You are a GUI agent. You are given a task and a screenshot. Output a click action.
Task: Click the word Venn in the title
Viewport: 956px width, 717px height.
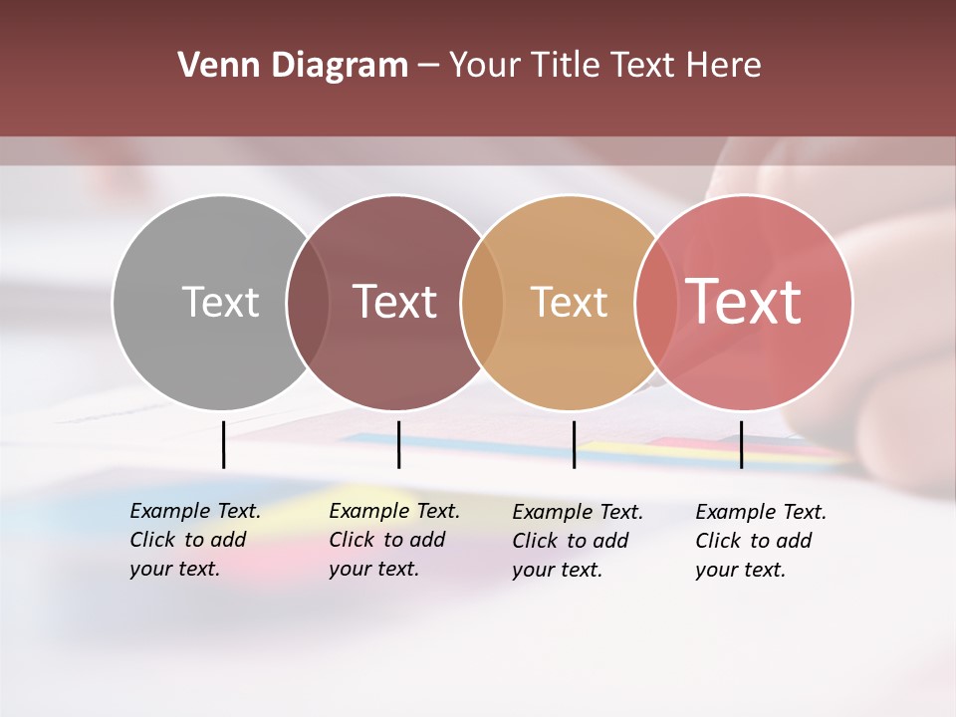[218, 66]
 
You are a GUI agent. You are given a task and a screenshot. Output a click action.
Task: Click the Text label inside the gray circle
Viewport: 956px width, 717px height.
[220, 302]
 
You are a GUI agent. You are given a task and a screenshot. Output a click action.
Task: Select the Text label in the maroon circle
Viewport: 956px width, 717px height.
[395, 302]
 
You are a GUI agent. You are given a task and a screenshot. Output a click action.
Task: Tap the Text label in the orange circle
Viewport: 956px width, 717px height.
[569, 302]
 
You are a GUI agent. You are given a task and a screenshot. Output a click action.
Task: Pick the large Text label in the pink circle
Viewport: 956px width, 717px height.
[744, 301]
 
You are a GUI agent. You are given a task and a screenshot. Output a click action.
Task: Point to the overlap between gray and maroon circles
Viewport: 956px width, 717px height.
[308, 303]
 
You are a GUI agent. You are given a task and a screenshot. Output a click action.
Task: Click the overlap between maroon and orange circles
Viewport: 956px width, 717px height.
[482, 303]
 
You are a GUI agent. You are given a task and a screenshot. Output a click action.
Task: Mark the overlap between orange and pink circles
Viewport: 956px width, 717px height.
[656, 303]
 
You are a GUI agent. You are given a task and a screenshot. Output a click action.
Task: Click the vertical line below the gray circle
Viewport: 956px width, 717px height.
[223, 444]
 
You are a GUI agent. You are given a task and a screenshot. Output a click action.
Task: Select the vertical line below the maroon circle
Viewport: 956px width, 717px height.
[398, 444]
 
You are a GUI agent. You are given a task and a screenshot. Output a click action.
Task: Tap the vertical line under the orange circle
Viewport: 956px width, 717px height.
[574, 444]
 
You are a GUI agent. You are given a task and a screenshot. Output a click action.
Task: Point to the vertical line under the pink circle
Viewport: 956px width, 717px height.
[741, 444]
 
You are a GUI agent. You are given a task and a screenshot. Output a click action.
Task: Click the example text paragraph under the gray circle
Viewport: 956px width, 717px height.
[194, 540]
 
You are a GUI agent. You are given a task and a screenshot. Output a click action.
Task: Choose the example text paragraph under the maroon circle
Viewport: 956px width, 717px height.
[393, 540]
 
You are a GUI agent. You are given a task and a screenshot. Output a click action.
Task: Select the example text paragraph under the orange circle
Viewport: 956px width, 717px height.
[577, 541]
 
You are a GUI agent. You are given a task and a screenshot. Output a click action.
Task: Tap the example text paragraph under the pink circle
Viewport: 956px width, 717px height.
[760, 541]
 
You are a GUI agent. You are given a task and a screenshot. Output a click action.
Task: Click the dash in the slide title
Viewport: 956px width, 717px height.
[429, 67]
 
